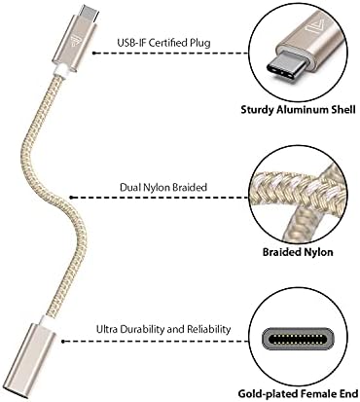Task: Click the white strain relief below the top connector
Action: pyautogui.click(x=59, y=68)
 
